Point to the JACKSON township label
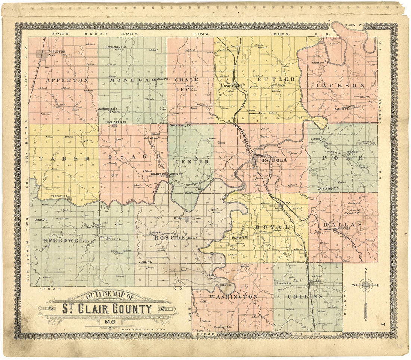[x=340, y=86]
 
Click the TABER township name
[x=64, y=159]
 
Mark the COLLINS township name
[x=305, y=296]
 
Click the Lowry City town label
[x=232, y=86]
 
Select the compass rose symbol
[x=366, y=286]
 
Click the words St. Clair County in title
[x=107, y=309]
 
